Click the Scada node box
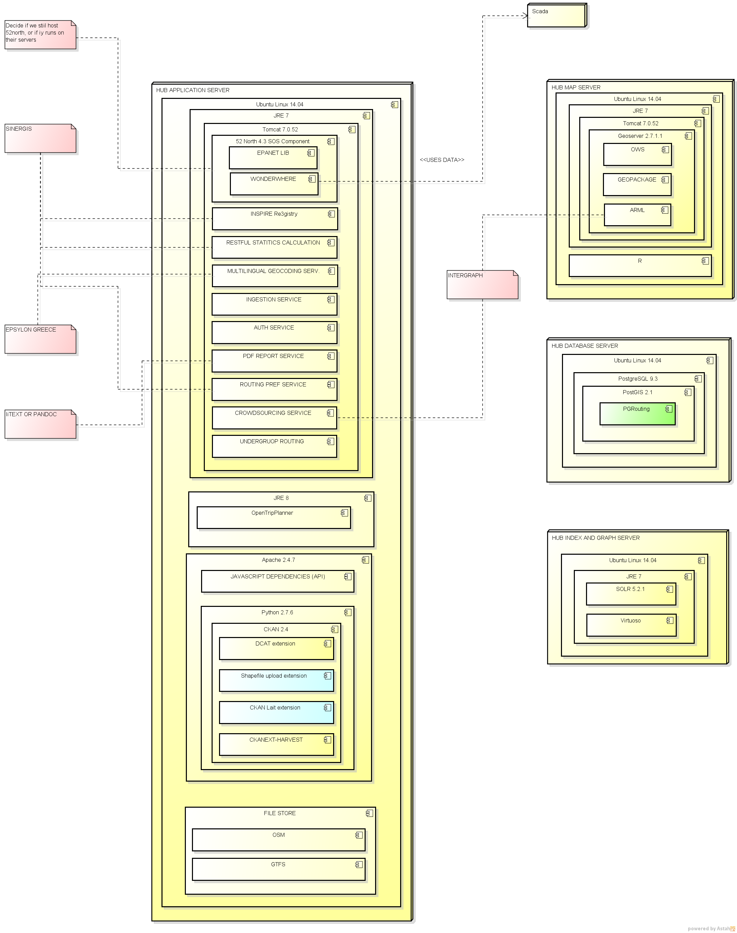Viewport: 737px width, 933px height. point(556,16)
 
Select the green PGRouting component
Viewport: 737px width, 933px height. point(637,414)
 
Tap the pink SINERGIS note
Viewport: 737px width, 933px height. point(40,139)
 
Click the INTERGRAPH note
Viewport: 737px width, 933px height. point(482,285)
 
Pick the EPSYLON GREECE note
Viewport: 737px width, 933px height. point(40,339)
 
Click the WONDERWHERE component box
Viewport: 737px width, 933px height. point(274,184)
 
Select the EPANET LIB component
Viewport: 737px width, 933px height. point(273,158)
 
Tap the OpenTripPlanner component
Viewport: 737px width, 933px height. point(274,517)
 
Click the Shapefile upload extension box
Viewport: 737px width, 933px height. point(276,681)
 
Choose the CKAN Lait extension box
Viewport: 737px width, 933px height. point(276,713)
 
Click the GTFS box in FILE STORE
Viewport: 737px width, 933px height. point(278,869)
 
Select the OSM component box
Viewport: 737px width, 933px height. point(278,840)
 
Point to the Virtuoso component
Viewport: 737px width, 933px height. point(630,625)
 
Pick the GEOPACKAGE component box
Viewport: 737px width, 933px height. point(637,185)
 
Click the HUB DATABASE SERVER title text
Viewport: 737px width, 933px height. point(584,346)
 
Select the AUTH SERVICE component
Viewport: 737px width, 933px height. point(274,333)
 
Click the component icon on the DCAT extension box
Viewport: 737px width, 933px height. point(327,644)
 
